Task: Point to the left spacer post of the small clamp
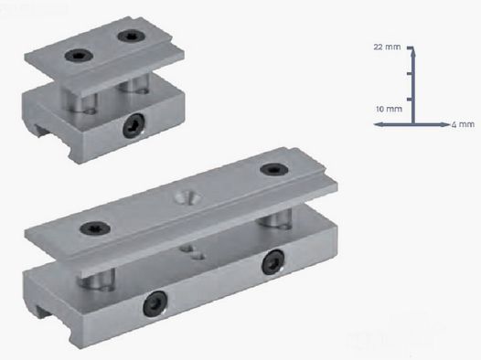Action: click(83, 98)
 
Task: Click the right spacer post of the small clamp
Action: click(138, 83)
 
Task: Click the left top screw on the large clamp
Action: click(91, 228)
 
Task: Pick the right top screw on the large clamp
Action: click(272, 169)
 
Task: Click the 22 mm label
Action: click(388, 46)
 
